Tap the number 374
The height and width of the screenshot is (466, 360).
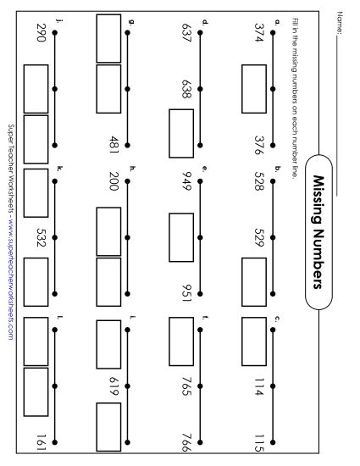pos(259,33)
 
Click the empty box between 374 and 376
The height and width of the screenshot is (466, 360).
pos(254,85)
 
